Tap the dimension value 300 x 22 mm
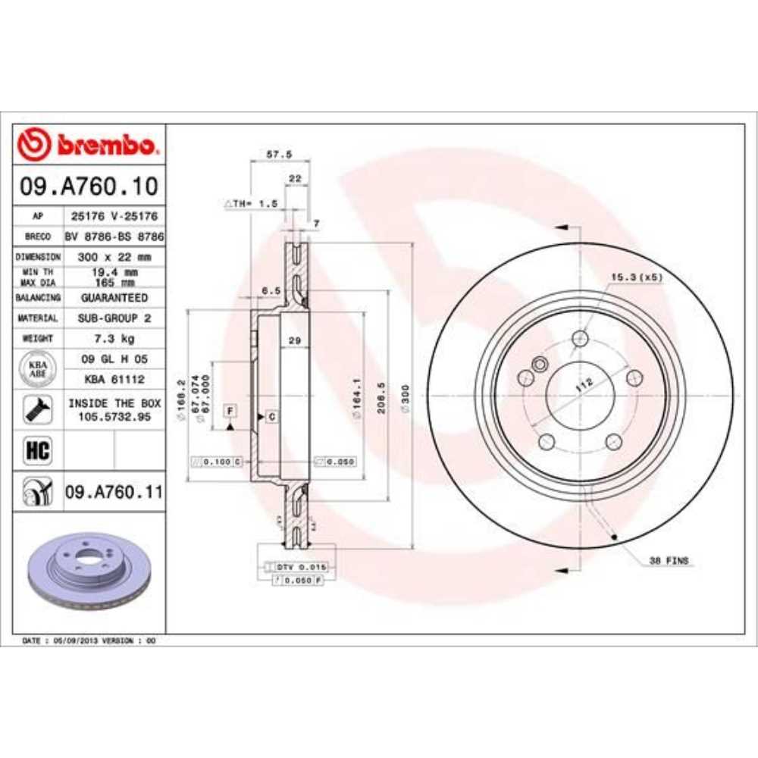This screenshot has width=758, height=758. click(x=114, y=256)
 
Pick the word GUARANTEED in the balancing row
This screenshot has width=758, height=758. click(x=114, y=298)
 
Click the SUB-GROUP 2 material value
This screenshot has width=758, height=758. click(x=114, y=318)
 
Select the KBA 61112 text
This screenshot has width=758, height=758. click(x=113, y=378)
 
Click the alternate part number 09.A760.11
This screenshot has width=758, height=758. click(x=114, y=492)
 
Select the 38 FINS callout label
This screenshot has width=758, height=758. click(x=668, y=561)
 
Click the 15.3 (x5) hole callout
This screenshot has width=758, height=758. click(x=637, y=277)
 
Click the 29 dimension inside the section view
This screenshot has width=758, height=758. click(x=296, y=341)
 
